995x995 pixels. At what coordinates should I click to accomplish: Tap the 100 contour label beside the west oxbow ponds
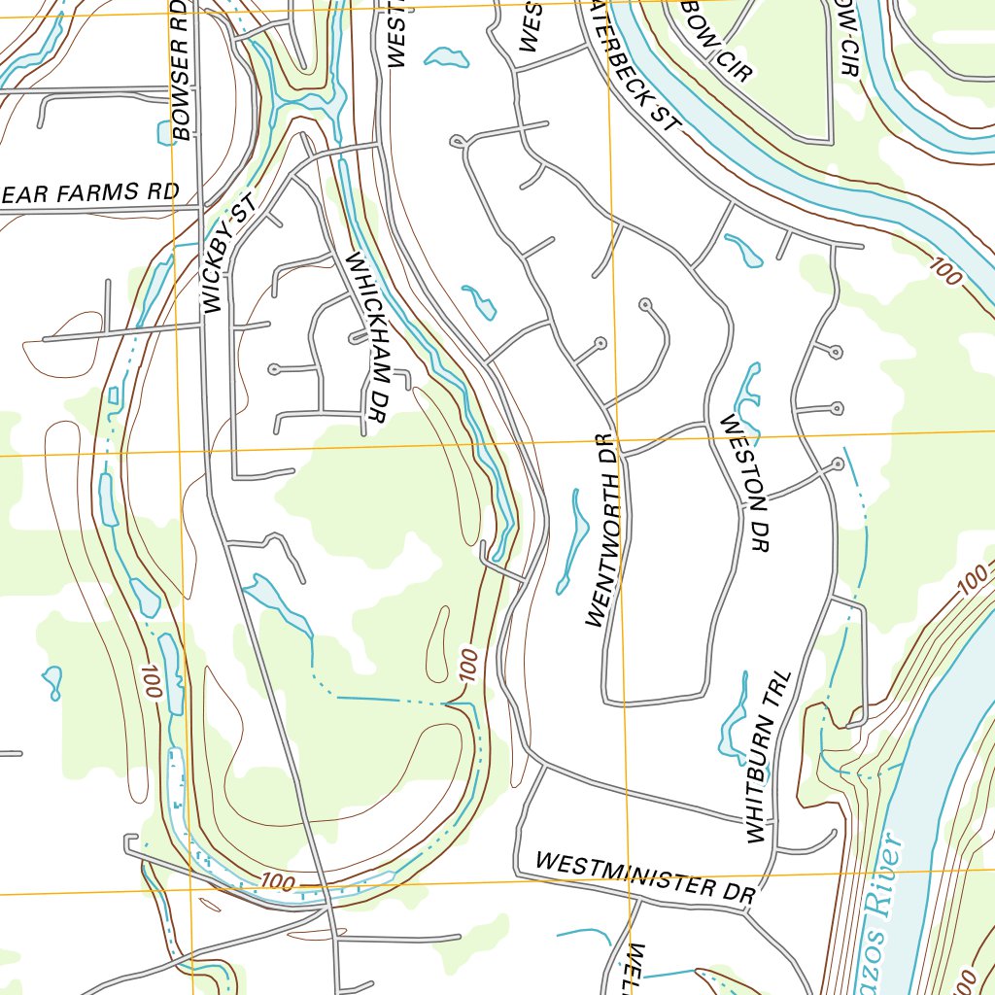pos(150,682)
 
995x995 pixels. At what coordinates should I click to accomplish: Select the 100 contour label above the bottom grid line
pos(278,882)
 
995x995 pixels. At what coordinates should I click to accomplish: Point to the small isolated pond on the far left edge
pos(52,681)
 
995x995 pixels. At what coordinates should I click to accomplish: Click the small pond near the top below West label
pos(446,58)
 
